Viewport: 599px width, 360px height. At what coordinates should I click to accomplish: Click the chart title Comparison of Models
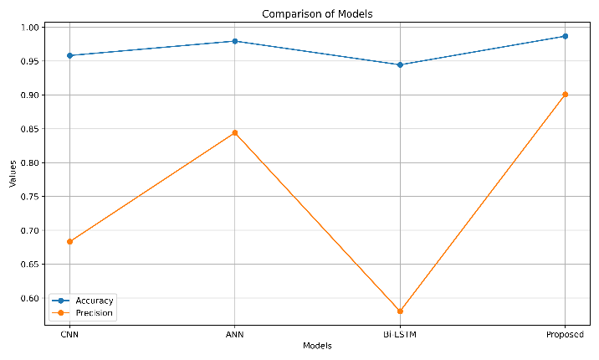coord(317,14)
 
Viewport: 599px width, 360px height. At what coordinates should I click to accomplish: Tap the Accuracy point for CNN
coord(70,56)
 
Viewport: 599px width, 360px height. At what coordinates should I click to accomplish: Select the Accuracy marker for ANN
coord(235,41)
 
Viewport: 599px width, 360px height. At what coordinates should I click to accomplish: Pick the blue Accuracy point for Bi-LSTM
coord(400,65)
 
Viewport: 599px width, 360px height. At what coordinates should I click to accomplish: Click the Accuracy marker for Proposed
coord(566,36)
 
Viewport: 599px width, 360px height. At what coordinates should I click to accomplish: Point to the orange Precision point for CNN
coord(70,241)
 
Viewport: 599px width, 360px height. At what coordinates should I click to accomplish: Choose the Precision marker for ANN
coord(235,133)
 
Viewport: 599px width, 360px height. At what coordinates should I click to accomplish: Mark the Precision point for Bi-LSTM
coord(400,311)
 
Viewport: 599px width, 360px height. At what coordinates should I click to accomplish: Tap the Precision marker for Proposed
coord(566,95)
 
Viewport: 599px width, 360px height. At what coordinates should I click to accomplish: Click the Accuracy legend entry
coord(83,301)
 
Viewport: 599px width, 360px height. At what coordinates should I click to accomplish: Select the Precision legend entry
coord(83,313)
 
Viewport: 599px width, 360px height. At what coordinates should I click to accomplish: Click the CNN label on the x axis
coord(69,335)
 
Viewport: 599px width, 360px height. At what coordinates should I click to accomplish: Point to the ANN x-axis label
coord(234,335)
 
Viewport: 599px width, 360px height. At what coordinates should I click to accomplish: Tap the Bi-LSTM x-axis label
coord(400,335)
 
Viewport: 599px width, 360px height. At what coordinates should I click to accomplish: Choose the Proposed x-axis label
coord(565,335)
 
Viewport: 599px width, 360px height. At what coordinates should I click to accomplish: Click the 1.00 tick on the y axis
coord(30,27)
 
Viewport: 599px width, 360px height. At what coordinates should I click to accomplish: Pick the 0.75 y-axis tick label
coord(30,197)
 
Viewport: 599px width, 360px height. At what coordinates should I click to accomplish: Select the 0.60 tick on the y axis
coord(30,298)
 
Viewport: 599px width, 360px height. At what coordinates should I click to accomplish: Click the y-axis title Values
coord(13,173)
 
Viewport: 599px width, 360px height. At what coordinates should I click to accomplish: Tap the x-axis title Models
coord(317,346)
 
